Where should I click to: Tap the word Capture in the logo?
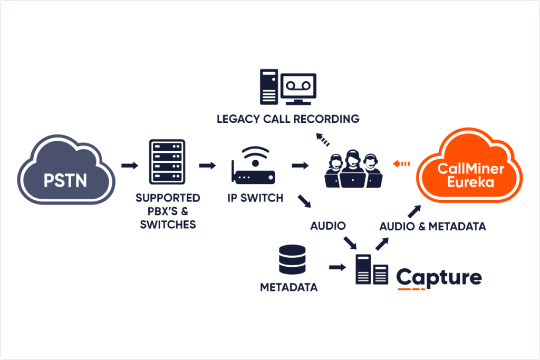pos(439,278)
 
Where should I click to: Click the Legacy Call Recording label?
pos(288,119)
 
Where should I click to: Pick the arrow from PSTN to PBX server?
pos(129,166)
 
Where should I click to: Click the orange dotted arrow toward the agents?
pos(402,164)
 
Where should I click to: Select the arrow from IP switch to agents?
pos(300,166)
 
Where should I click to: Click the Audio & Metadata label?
pos(432,227)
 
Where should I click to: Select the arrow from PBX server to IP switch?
pos(208,166)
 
